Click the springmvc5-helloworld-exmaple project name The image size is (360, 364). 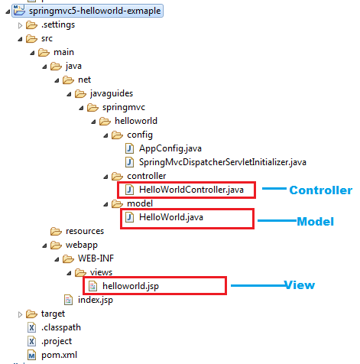point(95,11)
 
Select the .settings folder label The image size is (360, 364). point(58,24)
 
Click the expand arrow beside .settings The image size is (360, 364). point(20,25)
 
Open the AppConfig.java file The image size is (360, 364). point(170,148)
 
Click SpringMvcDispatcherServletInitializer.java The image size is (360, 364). point(222,162)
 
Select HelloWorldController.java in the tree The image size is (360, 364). point(191,190)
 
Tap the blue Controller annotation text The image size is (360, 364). point(321,190)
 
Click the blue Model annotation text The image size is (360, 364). point(316,222)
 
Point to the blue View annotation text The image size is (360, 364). point(300,285)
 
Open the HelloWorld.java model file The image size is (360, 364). point(171,217)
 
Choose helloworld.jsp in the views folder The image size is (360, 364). point(131,286)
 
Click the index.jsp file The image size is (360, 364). point(96,300)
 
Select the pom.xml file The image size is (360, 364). point(59,355)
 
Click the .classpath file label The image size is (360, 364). point(61,327)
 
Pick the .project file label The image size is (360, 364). point(57,341)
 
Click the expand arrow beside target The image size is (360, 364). point(20,314)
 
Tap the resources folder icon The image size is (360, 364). point(56,231)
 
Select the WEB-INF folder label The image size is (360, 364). point(96,258)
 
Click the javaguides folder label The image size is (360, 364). point(112,93)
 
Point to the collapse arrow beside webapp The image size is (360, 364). point(44,245)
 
